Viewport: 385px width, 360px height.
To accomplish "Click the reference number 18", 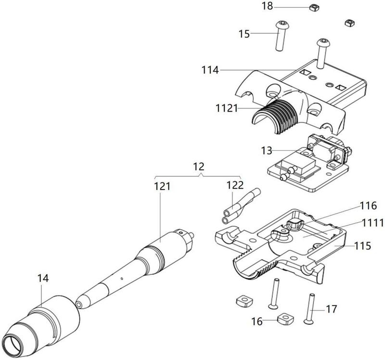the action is tap(268, 6).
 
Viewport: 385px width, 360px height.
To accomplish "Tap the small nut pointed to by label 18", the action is tap(314, 8).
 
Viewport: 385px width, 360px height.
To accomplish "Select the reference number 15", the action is tap(244, 34).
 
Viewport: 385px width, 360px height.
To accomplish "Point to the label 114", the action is tap(210, 70).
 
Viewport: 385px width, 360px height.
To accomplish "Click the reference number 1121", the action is tap(227, 108).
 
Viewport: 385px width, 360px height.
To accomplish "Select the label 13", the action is tap(267, 151).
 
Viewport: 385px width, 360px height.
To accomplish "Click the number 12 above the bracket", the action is tap(199, 167).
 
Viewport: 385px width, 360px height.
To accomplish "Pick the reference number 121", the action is tap(162, 186).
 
